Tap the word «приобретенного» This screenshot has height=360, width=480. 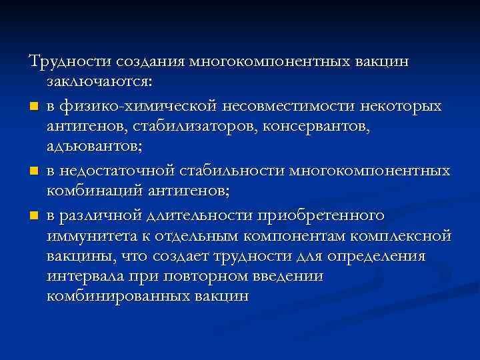pos(327,215)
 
